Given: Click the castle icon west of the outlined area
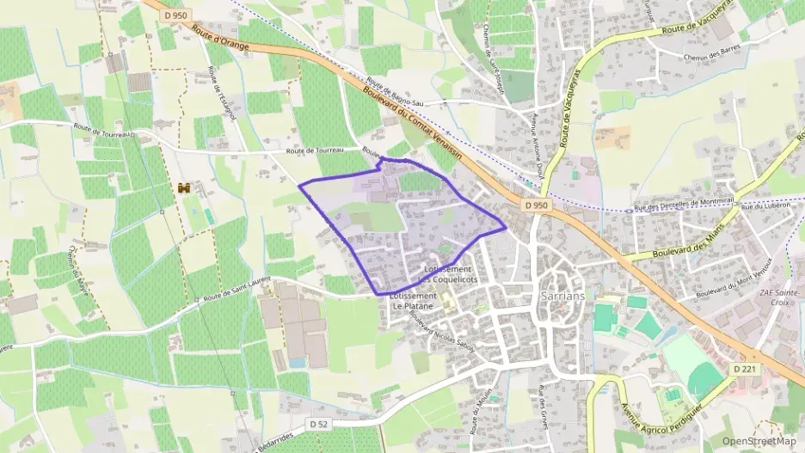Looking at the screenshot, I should point(183,187).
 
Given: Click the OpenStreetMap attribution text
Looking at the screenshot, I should point(759,440).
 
